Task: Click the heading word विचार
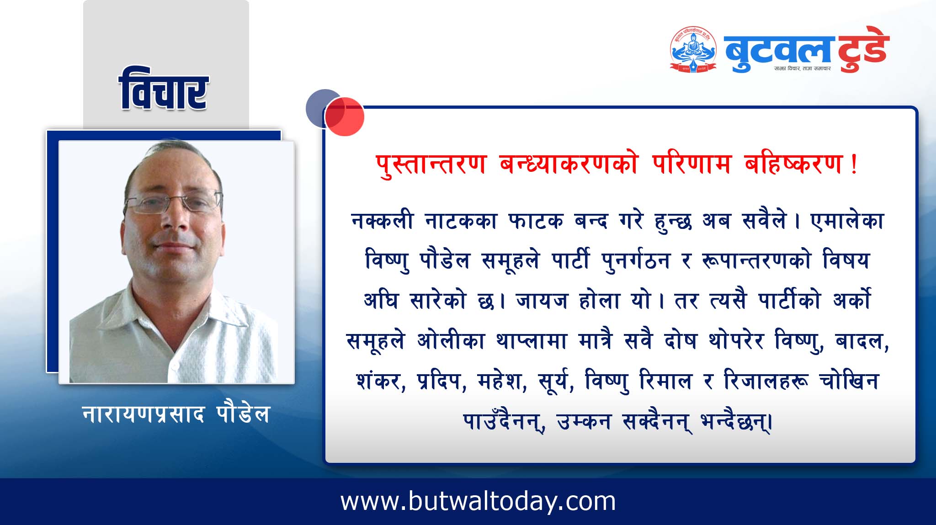pyautogui.click(x=164, y=89)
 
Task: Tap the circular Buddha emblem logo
pyautogui.click(x=694, y=49)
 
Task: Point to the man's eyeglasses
pyautogui.click(x=174, y=203)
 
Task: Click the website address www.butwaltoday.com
pyautogui.click(x=478, y=501)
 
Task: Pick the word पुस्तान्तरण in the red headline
pyautogui.click(x=431, y=164)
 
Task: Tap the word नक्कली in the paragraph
pyautogui.click(x=383, y=221)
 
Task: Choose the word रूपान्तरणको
pyautogui.click(x=756, y=261)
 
